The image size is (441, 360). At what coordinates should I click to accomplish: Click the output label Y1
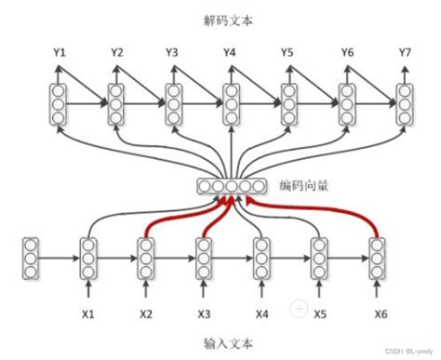pos(60,53)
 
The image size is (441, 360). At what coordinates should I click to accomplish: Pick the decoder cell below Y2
pos(116,104)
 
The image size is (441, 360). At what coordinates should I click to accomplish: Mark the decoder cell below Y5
pos(289,104)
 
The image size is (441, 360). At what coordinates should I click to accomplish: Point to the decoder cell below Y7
pos(405,104)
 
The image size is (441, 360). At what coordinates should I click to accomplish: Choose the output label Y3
pos(172,53)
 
